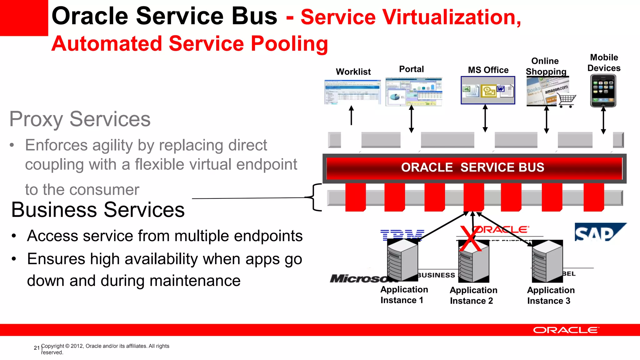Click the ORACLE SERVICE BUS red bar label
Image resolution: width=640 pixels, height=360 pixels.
coord(472,168)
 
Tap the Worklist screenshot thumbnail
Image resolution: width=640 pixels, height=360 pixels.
coord(352,92)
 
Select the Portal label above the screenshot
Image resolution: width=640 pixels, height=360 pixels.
coord(411,69)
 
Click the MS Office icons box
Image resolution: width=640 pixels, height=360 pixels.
coord(488,91)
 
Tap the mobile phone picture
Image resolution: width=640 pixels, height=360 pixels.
coord(603,91)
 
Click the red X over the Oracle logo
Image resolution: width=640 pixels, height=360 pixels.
coord(470,240)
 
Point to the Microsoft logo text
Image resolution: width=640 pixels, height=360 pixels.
coord(359,278)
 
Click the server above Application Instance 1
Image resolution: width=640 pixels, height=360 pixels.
coord(402,260)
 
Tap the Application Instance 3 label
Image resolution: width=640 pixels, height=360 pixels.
coord(550,295)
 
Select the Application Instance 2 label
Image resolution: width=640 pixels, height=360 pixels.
coord(473,295)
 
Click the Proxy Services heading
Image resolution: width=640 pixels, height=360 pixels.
coord(80,119)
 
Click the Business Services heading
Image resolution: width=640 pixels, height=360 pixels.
coord(98,210)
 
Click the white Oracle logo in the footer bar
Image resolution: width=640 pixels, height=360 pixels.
coord(566,330)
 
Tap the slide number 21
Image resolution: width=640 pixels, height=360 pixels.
coord(37,348)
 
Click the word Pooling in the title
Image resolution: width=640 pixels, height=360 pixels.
coord(289,44)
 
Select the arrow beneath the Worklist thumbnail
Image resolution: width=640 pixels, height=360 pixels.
coord(351,115)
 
